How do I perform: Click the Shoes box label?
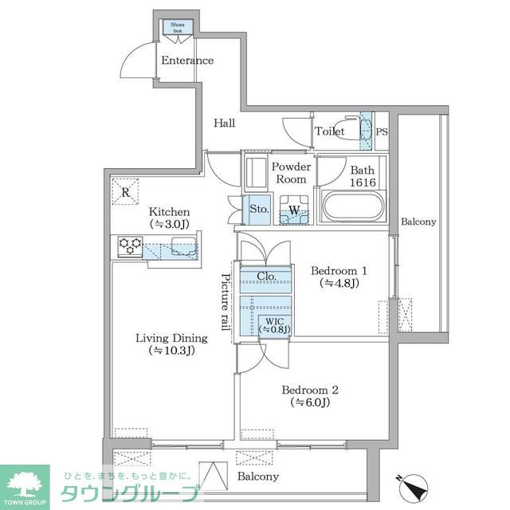point(178,28)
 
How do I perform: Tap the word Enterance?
point(187,61)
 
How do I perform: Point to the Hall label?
point(225,123)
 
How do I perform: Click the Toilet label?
point(329,131)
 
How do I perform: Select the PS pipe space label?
point(382,131)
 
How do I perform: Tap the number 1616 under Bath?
point(363,182)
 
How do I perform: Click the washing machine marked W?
point(294,210)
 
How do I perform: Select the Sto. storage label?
point(259,209)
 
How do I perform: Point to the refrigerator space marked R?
point(126,192)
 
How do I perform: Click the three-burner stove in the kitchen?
point(130,246)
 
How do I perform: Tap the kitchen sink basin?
point(184,245)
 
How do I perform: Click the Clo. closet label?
point(266,277)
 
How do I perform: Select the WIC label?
point(274,321)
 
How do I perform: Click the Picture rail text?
point(226,302)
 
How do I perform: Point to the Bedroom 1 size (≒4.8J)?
point(339,284)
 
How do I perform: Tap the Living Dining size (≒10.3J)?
point(171,351)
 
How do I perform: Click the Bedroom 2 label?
point(310,390)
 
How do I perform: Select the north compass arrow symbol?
point(413,487)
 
